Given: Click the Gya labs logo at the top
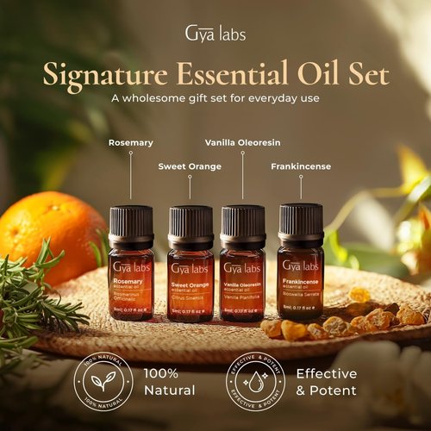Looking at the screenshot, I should [215, 34].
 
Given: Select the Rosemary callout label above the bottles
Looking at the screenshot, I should [131, 142].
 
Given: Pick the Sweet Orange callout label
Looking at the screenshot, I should [190, 166].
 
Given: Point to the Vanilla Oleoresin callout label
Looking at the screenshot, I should [242, 142].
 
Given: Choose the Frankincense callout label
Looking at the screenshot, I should [301, 166].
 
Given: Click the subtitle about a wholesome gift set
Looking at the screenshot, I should [215, 97].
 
